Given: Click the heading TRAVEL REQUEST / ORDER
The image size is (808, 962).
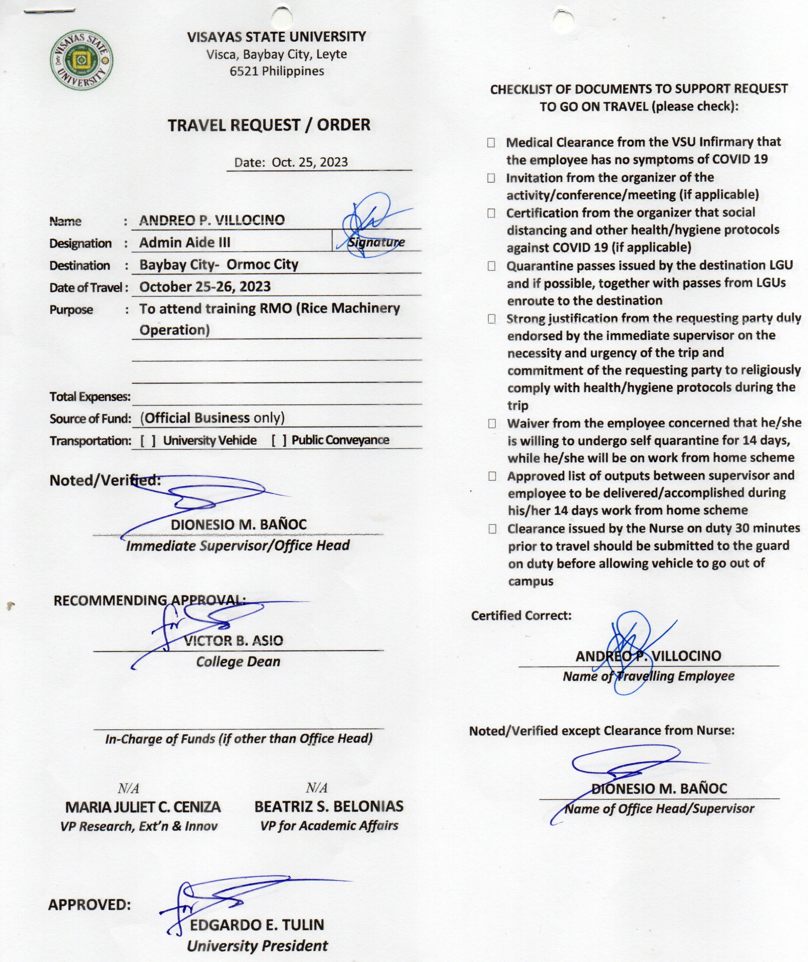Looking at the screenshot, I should tap(269, 125).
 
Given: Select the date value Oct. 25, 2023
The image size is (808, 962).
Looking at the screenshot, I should tap(310, 162).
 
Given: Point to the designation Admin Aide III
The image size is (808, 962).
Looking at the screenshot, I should tap(185, 242).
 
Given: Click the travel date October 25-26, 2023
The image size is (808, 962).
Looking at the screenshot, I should tap(205, 287).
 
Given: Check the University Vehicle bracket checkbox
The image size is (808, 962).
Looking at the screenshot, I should tap(148, 441).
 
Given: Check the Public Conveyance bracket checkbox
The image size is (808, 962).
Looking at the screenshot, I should tap(279, 441).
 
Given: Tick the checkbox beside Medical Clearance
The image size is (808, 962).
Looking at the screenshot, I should tap(491, 143).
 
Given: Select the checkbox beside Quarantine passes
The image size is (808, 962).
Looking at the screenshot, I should tap(491, 266).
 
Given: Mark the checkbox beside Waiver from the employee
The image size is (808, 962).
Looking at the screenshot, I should tap(492, 423).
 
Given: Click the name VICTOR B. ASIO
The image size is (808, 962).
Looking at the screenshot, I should tap(234, 641).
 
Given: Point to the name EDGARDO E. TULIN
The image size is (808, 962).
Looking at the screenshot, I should tap(257, 925).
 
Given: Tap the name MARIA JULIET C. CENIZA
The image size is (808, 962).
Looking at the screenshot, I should tap(143, 807).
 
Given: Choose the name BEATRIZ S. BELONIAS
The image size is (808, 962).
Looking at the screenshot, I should tap(329, 806).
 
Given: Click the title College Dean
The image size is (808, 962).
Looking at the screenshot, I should tap(238, 662).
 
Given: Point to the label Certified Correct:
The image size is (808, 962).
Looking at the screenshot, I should tap(521, 616).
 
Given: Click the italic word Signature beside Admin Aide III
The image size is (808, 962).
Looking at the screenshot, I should tap(376, 242).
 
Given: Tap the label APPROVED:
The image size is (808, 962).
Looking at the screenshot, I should tap(90, 905).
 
